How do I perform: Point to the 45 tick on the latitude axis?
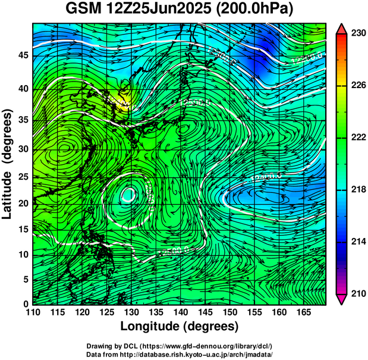[x=23, y=55]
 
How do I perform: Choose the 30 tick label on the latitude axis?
[x=23, y=149]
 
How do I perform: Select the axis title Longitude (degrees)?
[x=180, y=326]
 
